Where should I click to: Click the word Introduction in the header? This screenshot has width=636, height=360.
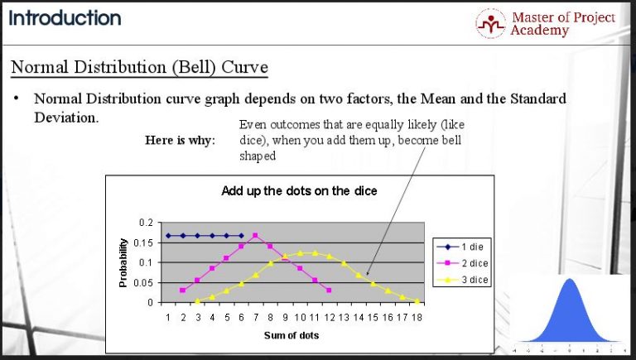point(65,17)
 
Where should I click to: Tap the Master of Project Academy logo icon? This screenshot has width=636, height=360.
point(491,23)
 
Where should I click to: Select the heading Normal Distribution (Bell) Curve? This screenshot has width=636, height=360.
point(139,65)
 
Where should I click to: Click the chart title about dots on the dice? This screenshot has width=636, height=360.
point(299,191)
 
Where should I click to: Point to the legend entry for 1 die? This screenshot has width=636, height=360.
point(461,247)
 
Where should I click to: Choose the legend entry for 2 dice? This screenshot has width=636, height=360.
point(463,263)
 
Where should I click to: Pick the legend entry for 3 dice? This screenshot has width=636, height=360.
point(463,280)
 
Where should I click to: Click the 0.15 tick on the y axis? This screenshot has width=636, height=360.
point(145,242)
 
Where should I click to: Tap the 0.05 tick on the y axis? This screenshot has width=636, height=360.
point(145,282)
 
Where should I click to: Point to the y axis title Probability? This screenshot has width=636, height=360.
point(123,262)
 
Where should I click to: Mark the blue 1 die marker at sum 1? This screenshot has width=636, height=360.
point(168,236)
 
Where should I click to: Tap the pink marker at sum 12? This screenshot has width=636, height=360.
point(329,290)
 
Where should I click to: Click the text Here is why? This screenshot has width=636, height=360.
point(180,140)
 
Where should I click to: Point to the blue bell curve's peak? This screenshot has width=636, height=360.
point(570,280)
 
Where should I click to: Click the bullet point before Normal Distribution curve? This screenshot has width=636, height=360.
point(16,98)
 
